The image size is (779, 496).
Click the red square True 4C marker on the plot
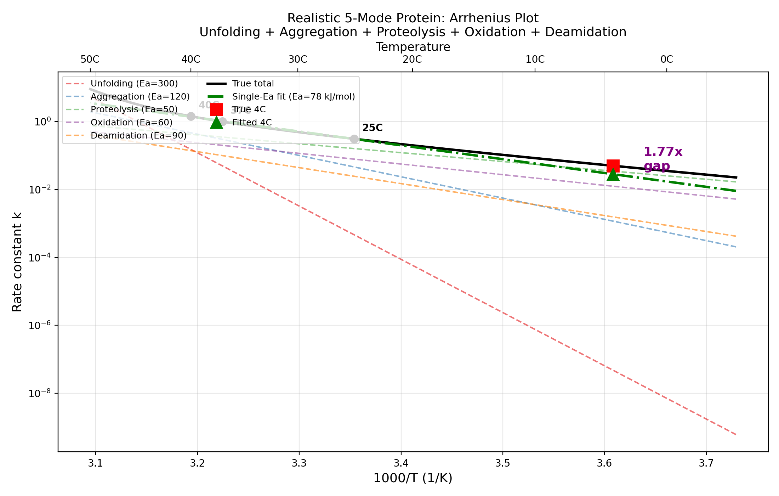[x=613, y=166]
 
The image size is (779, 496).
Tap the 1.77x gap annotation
[x=663, y=159]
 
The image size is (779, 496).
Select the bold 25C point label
[x=372, y=128]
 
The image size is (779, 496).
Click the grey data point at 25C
[x=354, y=139]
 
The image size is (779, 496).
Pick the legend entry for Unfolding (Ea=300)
[x=134, y=84]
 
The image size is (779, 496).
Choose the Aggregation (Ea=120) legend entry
[x=140, y=97]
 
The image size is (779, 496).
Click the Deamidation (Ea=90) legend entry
[x=138, y=136]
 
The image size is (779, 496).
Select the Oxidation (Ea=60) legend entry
[x=131, y=123]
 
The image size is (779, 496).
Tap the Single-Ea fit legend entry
[x=293, y=97]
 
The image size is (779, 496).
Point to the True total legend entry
[x=253, y=84]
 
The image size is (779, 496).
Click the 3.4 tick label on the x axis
[x=401, y=463]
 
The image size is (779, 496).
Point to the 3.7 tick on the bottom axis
[x=706, y=463]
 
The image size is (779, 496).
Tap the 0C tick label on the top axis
[x=667, y=59]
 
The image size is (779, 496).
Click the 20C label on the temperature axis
[x=412, y=59]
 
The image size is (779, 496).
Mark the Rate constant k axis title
[x=17, y=262]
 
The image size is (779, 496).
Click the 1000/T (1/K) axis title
[x=413, y=478]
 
